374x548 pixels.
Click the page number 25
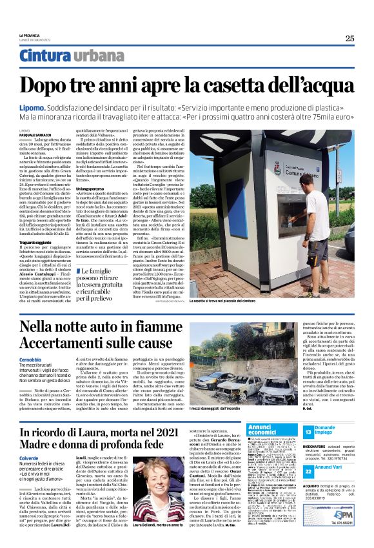coord(349,38)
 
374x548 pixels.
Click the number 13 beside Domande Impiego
coord(308,431)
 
